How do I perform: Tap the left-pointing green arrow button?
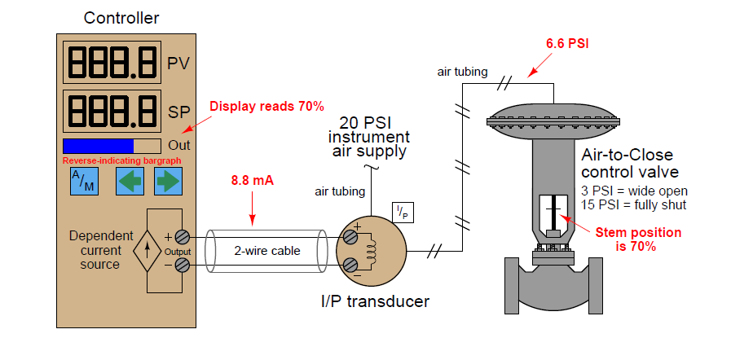[128, 182]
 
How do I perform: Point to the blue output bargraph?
[99, 146]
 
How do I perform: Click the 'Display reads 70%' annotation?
[267, 106]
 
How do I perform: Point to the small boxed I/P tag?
[403, 212]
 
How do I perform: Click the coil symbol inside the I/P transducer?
[372, 250]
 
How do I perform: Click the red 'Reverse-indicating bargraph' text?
[121, 160]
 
